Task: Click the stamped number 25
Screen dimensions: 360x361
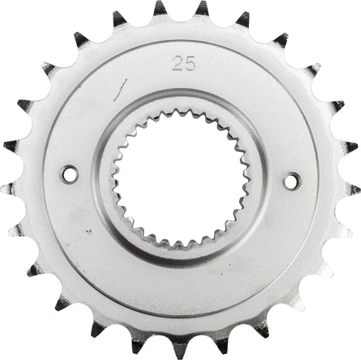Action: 184,64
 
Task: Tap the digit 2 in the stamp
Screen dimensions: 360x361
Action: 177,64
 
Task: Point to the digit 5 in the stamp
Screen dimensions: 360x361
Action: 190,64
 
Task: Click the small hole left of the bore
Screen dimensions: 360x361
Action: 69,174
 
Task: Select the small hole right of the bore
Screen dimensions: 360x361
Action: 291,180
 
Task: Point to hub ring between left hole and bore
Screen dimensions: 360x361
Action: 101,176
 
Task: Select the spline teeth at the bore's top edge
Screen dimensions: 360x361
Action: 180,112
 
